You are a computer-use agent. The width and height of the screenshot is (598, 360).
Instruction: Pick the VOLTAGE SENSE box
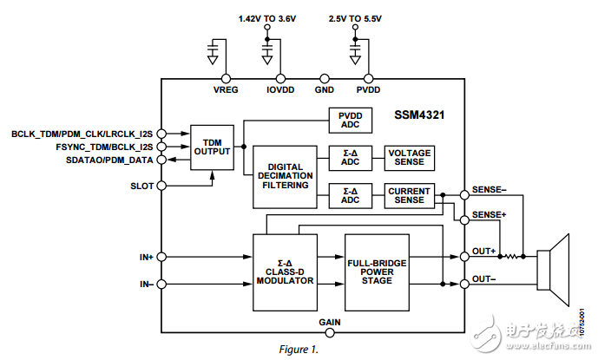[x=408, y=156]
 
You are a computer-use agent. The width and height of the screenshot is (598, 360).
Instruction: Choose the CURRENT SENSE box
[x=408, y=195]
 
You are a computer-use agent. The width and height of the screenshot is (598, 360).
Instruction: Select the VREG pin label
[x=225, y=88]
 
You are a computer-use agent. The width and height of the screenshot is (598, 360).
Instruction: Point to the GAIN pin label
[x=329, y=322]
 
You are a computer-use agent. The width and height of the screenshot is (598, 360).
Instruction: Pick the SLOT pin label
[x=141, y=186]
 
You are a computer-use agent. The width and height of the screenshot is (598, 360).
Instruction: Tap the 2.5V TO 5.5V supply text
[x=355, y=18]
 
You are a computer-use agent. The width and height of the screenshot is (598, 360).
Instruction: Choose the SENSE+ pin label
[x=489, y=213]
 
